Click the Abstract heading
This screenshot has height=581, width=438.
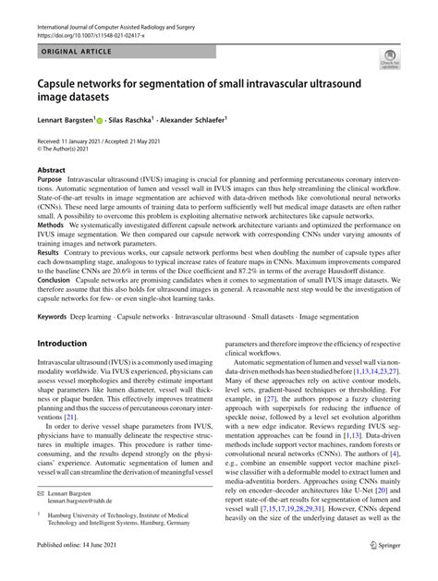[52, 170]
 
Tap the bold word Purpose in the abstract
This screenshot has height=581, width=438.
[53, 181]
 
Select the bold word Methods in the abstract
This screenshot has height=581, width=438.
[52, 225]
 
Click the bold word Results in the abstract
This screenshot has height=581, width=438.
[50, 249]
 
